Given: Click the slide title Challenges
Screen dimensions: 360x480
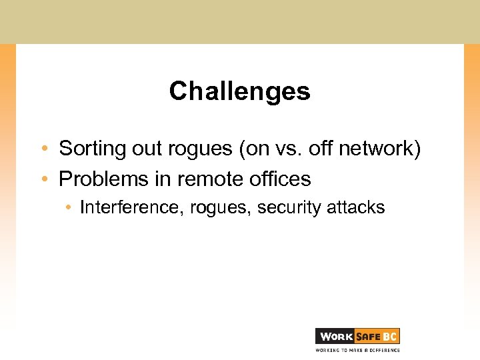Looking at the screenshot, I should tap(240, 91).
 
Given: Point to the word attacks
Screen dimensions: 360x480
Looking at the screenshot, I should tap(356, 207).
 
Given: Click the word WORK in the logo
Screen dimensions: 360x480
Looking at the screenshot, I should tap(335, 336).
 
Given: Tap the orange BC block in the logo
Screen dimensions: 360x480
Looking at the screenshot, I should tap(390, 336).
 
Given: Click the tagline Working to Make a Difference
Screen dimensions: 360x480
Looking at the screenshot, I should tap(357, 349).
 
